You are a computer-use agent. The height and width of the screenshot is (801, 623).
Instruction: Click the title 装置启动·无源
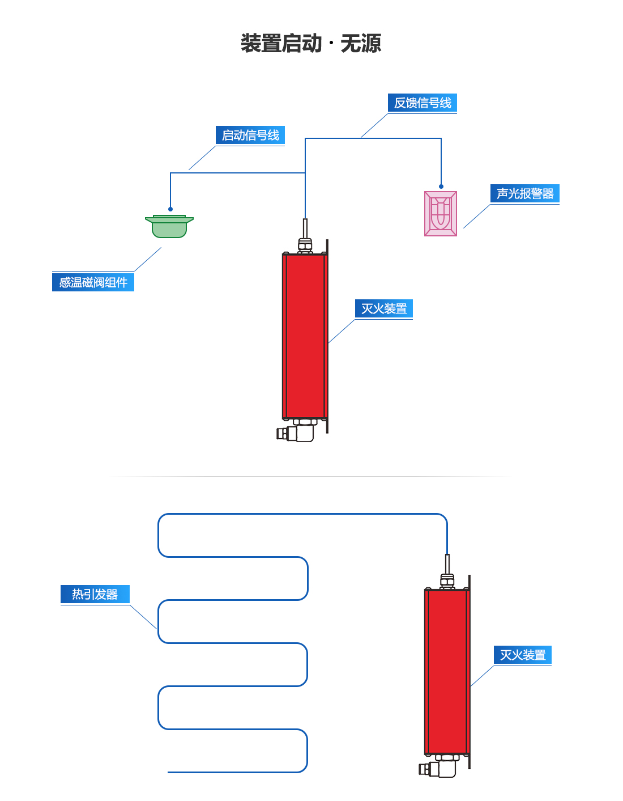click(x=311, y=44)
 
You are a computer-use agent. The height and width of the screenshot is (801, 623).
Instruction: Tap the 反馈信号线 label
click(x=423, y=103)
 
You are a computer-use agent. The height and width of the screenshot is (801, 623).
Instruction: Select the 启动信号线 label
click(x=250, y=135)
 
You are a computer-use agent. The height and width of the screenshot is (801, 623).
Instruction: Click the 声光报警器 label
click(x=525, y=193)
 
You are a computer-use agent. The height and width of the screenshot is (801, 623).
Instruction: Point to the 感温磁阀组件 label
click(x=93, y=282)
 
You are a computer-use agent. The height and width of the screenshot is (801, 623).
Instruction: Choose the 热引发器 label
click(x=95, y=594)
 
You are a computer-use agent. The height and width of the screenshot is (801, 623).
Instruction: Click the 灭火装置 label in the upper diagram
click(x=384, y=308)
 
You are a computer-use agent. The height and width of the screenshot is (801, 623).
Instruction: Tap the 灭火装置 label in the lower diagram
click(x=523, y=655)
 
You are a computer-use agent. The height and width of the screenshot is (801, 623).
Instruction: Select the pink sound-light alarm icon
click(x=441, y=214)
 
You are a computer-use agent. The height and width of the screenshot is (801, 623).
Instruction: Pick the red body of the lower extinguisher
click(x=447, y=672)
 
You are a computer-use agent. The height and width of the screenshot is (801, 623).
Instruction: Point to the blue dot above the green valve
click(x=170, y=209)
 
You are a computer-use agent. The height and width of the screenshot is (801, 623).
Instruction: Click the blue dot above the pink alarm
click(x=441, y=187)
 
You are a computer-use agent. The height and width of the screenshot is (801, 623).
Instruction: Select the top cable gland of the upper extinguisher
click(x=305, y=245)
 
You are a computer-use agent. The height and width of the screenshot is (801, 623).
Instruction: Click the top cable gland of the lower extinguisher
click(x=447, y=580)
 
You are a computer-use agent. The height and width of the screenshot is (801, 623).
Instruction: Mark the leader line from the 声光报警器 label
click(x=477, y=217)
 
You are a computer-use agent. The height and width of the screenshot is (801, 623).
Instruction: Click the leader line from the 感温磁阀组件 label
click(x=148, y=259)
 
